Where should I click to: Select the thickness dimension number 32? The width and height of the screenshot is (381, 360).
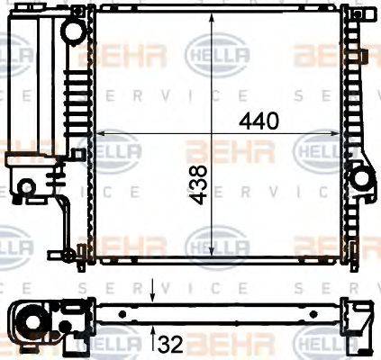172,343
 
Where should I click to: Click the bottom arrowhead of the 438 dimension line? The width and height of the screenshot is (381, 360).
212,255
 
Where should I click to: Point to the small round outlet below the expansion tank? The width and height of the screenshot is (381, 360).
27,186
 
